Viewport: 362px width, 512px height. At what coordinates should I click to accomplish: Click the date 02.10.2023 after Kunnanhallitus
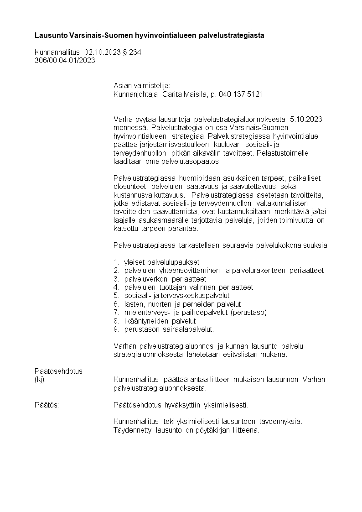coord(103,52)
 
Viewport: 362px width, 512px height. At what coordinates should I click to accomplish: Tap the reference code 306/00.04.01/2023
coord(65,61)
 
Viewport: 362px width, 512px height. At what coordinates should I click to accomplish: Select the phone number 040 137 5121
coord(241,94)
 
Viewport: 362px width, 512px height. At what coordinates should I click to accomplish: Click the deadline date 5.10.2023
coord(306,120)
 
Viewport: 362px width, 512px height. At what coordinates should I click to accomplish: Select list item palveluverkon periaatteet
coord(165,279)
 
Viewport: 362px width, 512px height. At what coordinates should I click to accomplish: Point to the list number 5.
coord(116,296)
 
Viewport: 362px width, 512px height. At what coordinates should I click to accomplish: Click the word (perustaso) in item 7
coord(249,312)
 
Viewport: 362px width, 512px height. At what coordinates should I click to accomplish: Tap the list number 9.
coord(116,329)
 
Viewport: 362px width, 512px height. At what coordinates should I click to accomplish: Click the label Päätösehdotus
coord(58,371)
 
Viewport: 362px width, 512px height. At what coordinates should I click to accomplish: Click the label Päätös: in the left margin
coord(47,405)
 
